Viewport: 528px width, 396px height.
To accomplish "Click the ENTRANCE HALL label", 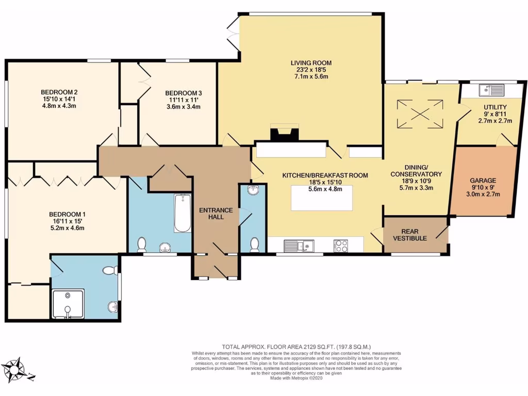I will [216, 213].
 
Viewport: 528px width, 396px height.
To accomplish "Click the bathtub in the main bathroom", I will [182, 213].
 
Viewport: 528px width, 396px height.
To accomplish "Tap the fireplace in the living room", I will [285, 134].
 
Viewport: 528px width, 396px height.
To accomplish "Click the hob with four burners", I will [341, 245].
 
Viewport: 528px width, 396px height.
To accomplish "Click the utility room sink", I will [490, 91].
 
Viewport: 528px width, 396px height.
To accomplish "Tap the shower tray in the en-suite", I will [68, 304].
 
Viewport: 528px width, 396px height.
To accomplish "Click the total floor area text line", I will [296, 347].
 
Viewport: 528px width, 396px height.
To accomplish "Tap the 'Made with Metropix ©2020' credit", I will [296, 378].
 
